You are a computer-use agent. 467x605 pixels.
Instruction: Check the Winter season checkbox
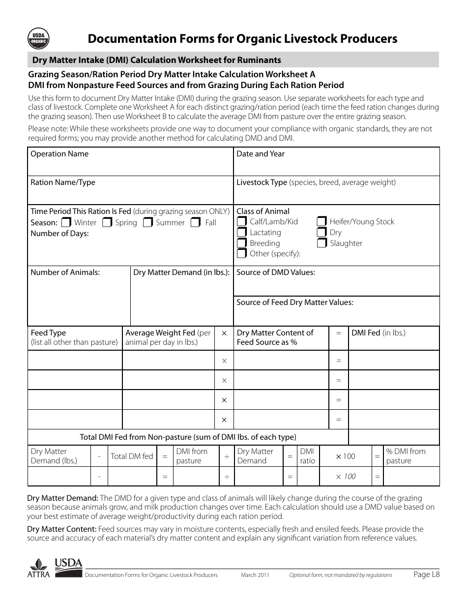66,222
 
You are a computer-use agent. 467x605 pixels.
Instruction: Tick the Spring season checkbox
107,222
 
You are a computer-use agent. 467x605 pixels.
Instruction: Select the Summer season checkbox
148,222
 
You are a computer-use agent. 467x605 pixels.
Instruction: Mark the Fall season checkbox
196,222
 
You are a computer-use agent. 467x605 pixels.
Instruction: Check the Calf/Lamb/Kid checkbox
241,221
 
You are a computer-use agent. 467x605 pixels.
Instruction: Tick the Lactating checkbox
241,232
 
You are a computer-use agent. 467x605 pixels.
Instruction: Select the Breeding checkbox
241,243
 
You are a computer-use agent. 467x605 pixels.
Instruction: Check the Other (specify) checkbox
241,254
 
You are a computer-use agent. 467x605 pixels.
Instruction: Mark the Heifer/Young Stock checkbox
321,221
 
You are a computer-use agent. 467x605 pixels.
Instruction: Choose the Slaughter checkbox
321,243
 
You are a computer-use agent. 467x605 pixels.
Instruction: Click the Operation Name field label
59,154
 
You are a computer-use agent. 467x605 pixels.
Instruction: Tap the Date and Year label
261,154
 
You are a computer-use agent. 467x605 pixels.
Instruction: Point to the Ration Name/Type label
63,182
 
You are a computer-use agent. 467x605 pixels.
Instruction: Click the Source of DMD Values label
276,272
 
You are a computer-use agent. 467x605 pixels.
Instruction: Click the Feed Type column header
48,333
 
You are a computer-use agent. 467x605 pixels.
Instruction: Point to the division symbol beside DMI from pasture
227,456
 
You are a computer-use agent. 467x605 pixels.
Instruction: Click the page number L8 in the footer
426,574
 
